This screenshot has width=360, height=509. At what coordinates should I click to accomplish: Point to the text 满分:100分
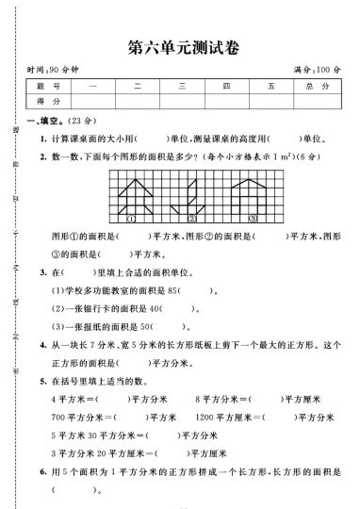tap(317, 72)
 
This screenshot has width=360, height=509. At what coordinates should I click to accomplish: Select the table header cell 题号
tap(45, 87)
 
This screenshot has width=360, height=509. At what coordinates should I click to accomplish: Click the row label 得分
tap(45, 101)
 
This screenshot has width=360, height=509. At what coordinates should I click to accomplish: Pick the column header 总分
tap(317, 87)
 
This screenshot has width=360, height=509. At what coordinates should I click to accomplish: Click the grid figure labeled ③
tap(254, 198)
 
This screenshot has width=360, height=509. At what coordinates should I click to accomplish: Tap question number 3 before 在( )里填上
tap(43, 272)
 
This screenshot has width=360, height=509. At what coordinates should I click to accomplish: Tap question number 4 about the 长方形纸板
tap(43, 345)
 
